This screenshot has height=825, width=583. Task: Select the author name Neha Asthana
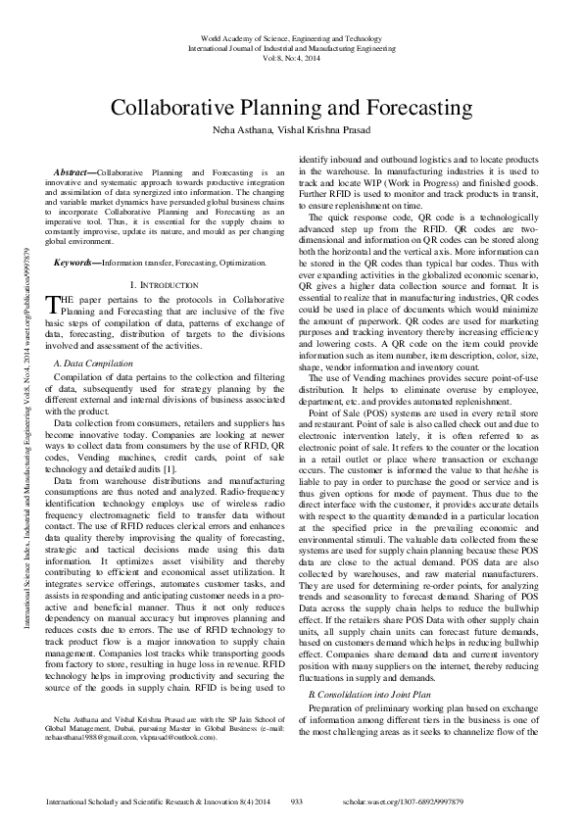coord(241,129)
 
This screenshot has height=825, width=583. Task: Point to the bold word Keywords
coord(75,264)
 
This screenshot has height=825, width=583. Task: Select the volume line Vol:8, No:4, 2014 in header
coord(291,58)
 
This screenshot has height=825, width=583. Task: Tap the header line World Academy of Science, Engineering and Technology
coord(291,37)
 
